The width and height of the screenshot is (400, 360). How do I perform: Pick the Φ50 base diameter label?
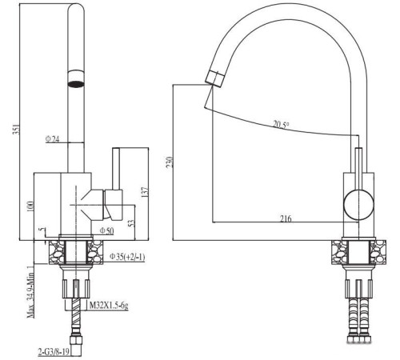[106, 231]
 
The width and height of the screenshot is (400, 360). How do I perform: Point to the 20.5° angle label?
[282, 124]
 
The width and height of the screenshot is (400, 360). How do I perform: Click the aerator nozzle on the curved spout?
[214, 78]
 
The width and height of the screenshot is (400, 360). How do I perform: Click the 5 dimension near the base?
[41, 232]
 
